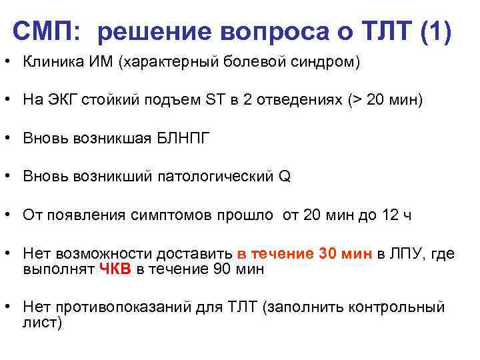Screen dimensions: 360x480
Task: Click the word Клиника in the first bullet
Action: tap(51, 63)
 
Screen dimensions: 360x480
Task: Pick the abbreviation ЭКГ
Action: tap(63, 101)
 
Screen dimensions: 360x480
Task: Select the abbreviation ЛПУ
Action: tap(407, 254)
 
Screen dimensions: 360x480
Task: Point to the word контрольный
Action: tap(405, 307)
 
